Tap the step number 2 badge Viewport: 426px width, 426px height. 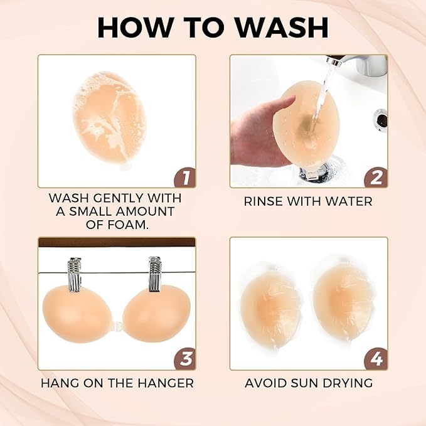[x=375, y=176]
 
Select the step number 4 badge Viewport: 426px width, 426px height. [x=375, y=359]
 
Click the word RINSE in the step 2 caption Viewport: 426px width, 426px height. [x=264, y=201]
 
